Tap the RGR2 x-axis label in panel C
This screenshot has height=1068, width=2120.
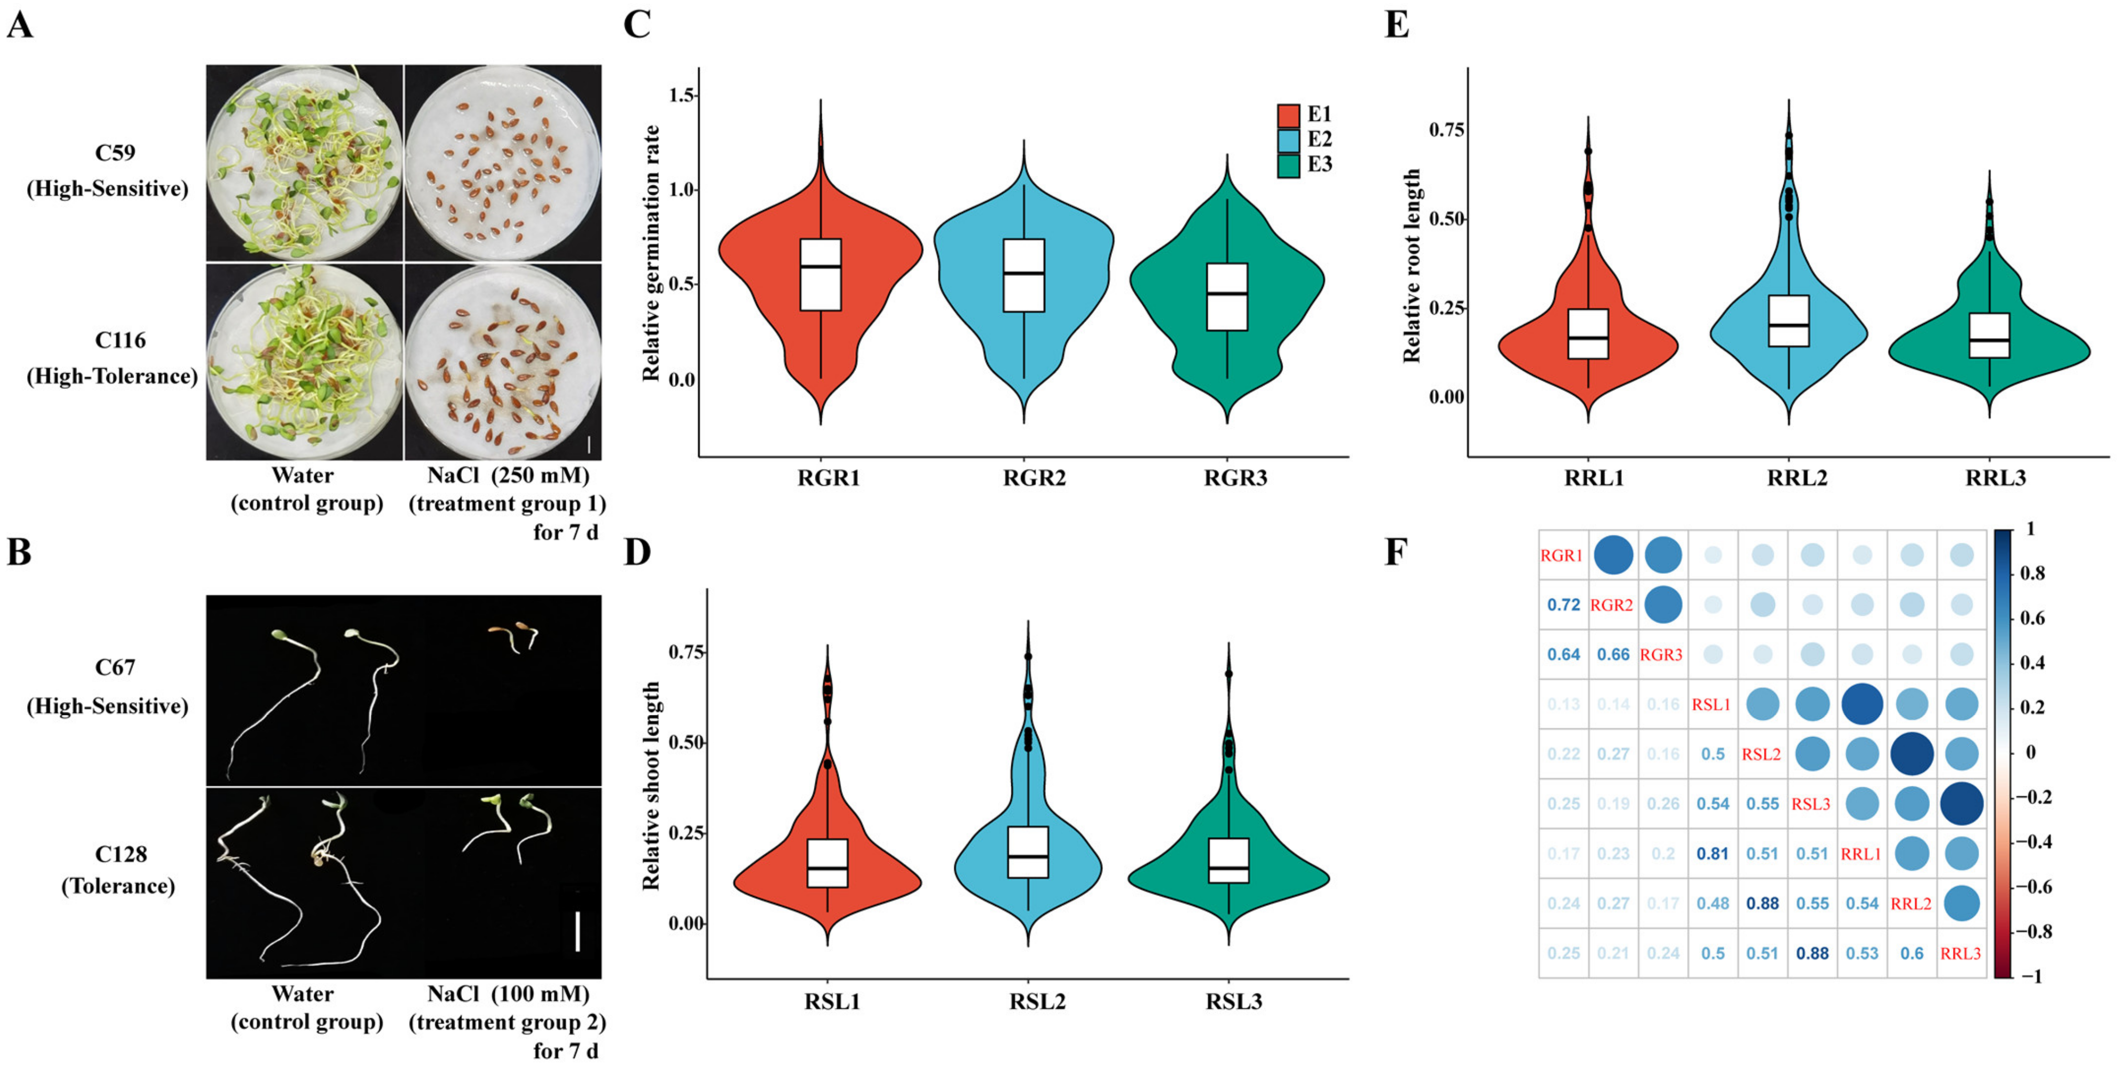[x=1034, y=478]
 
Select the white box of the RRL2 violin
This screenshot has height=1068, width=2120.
[x=1788, y=321]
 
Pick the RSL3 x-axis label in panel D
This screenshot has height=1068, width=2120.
[x=1234, y=1002]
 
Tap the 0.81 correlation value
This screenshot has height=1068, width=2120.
[x=1713, y=854]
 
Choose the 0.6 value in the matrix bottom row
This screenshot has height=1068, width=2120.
[x=1912, y=953]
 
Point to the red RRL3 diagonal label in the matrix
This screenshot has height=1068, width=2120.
[x=1960, y=954]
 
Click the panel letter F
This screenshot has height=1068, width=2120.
[x=1396, y=551]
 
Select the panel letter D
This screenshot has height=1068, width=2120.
[x=637, y=551]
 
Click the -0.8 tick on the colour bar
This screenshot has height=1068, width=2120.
[x=2036, y=931]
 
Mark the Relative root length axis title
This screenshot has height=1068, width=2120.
[x=1412, y=266]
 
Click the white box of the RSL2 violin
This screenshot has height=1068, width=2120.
[x=1028, y=852]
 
